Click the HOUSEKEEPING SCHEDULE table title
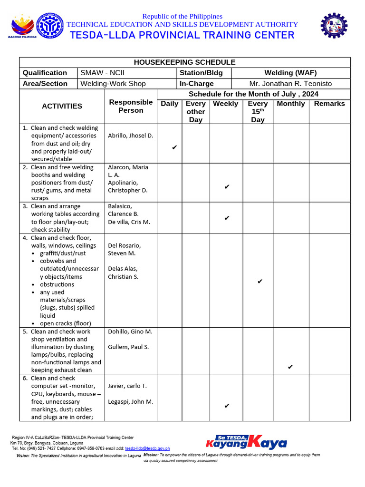(184, 62)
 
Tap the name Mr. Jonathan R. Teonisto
(290, 84)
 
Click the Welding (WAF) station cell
(290, 73)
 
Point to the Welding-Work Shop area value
(113, 84)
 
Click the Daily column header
(170, 104)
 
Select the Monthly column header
(291, 104)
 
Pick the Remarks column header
(329, 104)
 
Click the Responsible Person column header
(131, 106)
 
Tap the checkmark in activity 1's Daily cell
(174, 147)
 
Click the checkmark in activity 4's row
(260, 282)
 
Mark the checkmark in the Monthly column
(290, 367)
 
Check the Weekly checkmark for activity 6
(227, 406)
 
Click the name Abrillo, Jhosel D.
(131, 136)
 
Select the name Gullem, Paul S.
(128, 347)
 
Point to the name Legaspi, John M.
(131, 402)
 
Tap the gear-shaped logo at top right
(334, 26)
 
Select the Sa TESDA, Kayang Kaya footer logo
(246, 442)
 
